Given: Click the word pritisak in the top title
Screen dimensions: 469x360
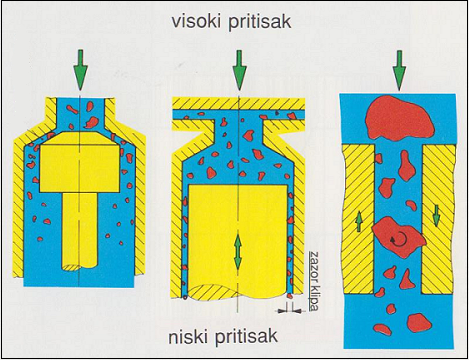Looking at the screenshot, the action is coord(261,23).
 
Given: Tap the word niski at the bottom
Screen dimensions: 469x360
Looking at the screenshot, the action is coord(187,336).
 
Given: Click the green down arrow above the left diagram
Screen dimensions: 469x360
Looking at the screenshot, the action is coord(80,70).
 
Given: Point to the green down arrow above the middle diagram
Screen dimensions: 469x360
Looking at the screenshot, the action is coord(239,70).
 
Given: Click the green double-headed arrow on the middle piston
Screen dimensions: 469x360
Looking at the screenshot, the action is coord(238,252).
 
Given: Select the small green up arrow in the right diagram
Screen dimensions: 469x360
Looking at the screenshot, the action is coord(359,222).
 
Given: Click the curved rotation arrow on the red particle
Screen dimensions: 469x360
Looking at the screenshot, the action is coord(399,238).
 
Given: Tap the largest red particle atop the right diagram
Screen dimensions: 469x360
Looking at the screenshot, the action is coord(399,118).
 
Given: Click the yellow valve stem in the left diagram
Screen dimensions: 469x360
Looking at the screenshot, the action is coord(80,231).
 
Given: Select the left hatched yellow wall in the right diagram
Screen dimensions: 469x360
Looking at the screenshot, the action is coord(358,219).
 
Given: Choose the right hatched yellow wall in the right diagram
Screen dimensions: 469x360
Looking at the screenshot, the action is coord(438,220).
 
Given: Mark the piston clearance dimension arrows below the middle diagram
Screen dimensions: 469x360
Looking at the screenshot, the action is coord(290,311).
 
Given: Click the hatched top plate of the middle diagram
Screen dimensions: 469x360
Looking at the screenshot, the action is coord(238,104).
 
